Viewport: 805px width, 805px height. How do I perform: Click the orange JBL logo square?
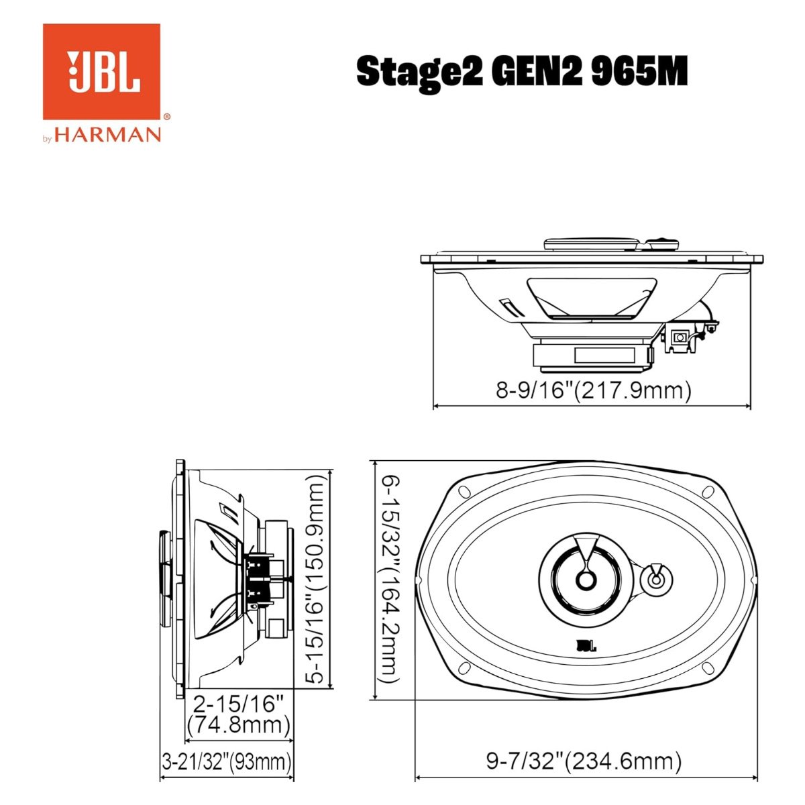[101, 71]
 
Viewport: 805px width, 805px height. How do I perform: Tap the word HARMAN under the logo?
[107, 135]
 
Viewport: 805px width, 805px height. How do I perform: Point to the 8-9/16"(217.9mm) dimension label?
[594, 390]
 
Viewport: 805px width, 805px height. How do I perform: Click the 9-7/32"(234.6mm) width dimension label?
[584, 761]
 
